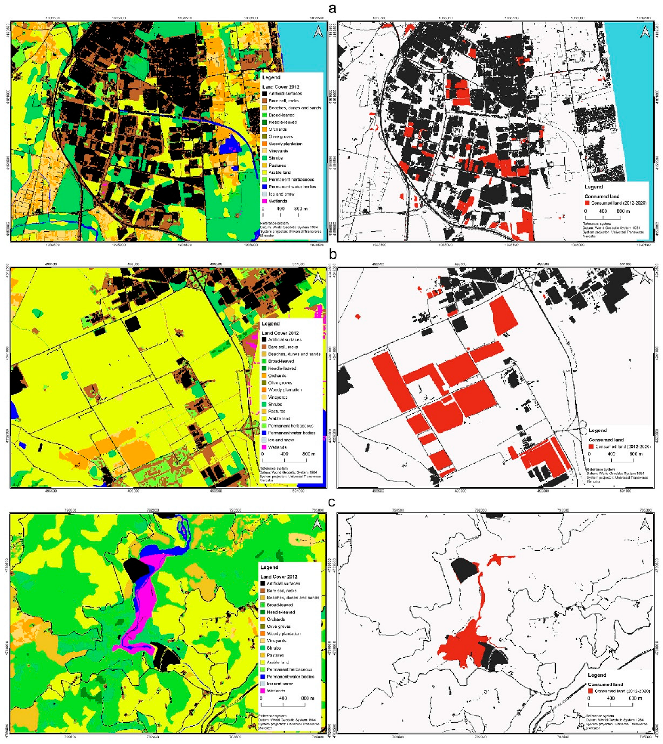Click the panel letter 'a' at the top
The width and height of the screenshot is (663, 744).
click(x=332, y=8)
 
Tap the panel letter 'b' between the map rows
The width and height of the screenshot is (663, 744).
click(x=332, y=255)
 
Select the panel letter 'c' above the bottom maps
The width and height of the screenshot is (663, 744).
click(x=332, y=502)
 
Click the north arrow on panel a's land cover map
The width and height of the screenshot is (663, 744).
click(x=318, y=32)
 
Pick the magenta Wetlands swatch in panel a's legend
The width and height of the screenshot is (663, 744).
click(x=264, y=201)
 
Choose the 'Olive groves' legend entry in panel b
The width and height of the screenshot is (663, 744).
click(x=280, y=383)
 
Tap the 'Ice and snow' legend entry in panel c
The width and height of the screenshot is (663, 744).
click(x=279, y=684)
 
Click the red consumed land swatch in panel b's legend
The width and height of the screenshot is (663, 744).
click(x=591, y=447)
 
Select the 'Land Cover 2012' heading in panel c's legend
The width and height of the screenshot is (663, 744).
click(x=279, y=577)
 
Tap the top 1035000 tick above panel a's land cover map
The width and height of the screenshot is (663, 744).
click(x=118, y=18)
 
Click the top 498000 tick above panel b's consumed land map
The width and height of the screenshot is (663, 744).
click(x=460, y=264)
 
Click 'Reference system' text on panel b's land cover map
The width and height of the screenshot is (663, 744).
click(x=273, y=468)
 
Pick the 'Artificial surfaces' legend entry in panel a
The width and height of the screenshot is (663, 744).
click(x=285, y=94)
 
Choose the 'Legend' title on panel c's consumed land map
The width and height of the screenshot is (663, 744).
click(x=597, y=675)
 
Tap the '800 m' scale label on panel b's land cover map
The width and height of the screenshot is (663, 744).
click(x=309, y=454)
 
